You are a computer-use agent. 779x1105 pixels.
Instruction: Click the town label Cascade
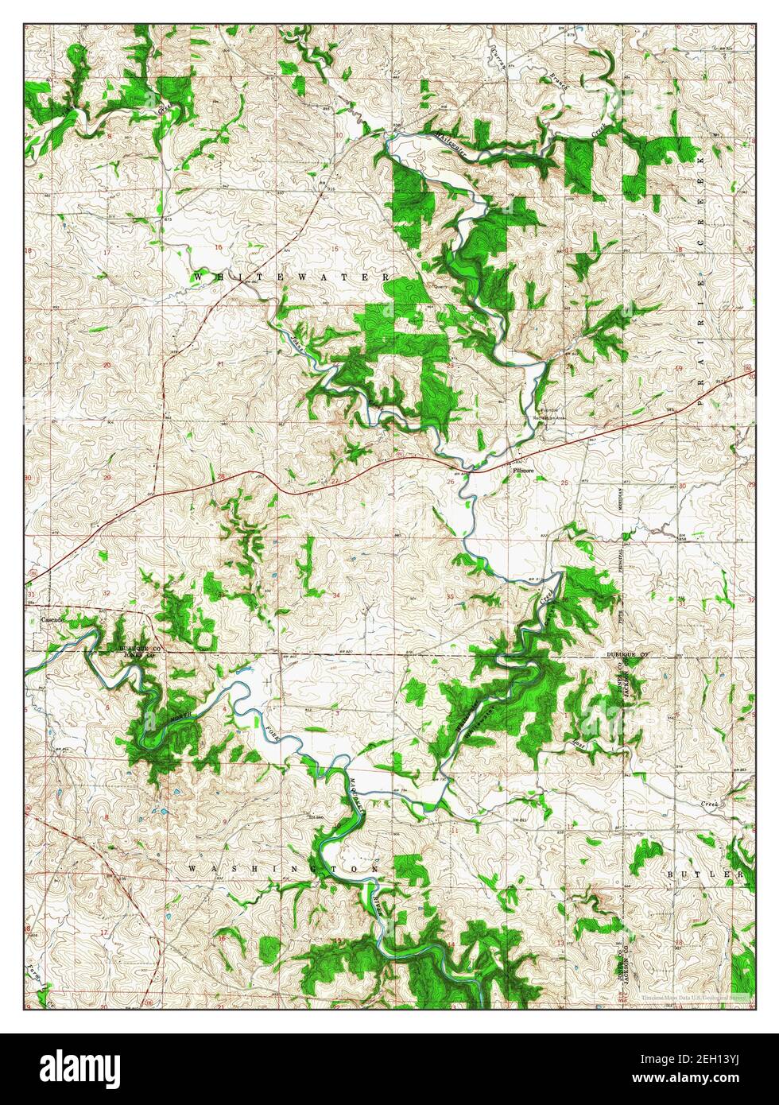point(52,618)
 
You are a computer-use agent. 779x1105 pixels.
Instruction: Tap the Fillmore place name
point(521,471)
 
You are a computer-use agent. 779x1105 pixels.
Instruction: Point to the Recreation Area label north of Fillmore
point(548,414)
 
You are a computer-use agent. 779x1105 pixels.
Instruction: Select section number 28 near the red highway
point(222,477)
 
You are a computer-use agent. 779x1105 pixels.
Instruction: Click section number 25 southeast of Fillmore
point(564,483)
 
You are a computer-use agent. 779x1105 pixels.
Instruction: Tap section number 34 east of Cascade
point(337,595)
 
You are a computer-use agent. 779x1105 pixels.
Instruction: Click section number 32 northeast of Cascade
point(107,593)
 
